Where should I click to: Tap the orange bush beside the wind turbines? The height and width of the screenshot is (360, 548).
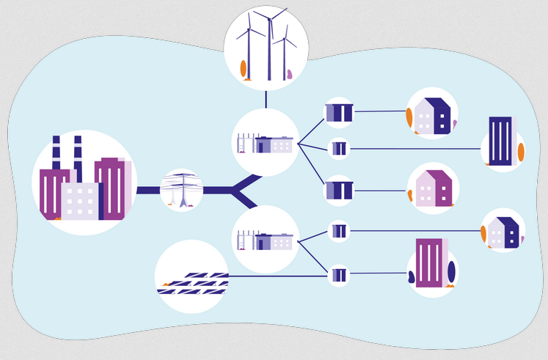(243, 69)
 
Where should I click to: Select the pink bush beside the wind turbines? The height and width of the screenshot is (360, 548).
(290, 73)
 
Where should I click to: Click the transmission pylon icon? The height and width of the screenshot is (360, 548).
(181, 190)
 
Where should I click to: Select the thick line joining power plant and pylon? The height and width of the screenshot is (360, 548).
(148, 191)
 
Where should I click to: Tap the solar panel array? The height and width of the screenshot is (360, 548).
(192, 282)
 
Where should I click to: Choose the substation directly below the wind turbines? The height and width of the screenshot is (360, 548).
(265, 142)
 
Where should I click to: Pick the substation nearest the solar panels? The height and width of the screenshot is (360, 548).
(265, 239)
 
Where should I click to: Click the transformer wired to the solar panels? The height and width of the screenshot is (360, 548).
(338, 276)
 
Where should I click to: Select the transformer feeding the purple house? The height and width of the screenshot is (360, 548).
(338, 191)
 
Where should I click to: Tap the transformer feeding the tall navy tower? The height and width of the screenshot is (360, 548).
(338, 149)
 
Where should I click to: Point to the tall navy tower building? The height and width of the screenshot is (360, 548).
(500, 141)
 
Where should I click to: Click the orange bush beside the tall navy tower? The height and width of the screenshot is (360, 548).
(521, 152)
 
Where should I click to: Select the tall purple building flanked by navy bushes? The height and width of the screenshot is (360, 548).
(428, 262)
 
